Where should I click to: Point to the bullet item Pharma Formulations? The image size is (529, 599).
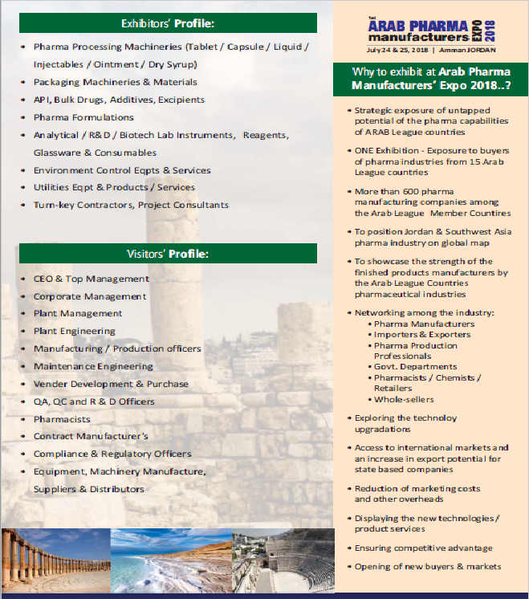(83, 118)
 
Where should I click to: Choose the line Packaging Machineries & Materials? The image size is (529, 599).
(115, 83)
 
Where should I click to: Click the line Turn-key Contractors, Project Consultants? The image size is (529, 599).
(131, 206)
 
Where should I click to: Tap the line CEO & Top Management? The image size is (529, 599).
(91, 279)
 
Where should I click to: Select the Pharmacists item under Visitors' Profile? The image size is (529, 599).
(62, 419)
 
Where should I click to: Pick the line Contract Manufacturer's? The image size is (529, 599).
(91, 437)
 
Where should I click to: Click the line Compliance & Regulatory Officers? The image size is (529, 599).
(112, 454)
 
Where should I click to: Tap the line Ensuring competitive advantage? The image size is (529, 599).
(423, 548)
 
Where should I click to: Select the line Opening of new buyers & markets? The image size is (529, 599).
(427, 567)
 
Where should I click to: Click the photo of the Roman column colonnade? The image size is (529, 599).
(54, 559)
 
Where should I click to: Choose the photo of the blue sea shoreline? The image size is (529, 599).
(170, 559)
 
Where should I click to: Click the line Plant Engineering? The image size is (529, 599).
(74, 331)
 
